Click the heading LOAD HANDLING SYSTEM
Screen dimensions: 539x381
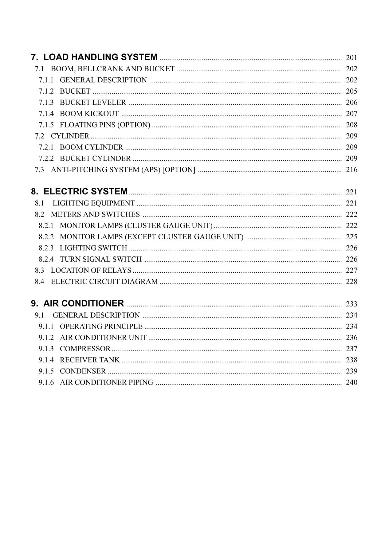point(100,57)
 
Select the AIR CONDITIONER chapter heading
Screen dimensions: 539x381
point(83,303)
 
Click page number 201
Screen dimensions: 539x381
point(352,58)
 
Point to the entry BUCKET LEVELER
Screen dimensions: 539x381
point(93,103)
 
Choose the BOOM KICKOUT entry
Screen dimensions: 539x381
point(89,114)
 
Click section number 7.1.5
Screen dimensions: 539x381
point(46,125)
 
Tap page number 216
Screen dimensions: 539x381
point(352,170)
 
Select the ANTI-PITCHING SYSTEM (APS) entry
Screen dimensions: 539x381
point(123,170)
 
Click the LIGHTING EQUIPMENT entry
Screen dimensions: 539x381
point(94,203)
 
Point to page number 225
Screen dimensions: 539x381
point(352,237)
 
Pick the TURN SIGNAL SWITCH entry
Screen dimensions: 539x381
point(101,259)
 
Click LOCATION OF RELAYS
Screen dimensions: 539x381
point(91,271)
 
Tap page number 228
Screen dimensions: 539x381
point(352,282)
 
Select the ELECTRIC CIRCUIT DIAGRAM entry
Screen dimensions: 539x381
point(104,282)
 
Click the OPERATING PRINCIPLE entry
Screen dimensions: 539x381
point(101,326)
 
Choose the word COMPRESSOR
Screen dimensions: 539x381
point(85,349)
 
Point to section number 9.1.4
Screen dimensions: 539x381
point(46,360)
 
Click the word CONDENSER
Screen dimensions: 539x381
point(83,371)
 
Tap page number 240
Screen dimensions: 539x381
point(352,382)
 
